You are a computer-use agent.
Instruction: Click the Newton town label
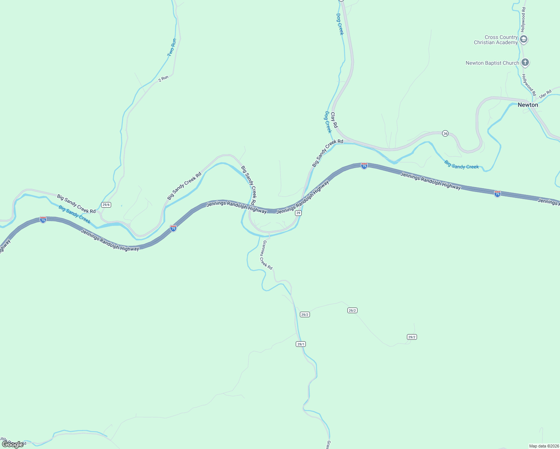point(527,105)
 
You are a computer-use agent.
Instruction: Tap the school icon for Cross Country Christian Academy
point(524,39)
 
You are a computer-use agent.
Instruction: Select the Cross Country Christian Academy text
point(496,40)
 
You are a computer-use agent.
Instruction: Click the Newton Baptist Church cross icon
point(525,62)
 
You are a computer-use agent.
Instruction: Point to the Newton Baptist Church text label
point(492,63)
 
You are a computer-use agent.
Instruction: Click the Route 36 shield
point(445,134)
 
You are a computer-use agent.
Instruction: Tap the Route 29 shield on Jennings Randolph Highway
point(298,213)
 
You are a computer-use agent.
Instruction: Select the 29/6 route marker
point(106,205)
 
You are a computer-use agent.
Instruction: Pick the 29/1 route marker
point(301,344)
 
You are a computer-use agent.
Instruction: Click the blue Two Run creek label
point(172,48)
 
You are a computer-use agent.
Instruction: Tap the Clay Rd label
point(334,120)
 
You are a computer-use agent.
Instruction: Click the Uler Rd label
point(545,94)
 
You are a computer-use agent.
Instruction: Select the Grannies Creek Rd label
point(267,255)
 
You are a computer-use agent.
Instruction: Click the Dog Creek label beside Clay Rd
point(328,122)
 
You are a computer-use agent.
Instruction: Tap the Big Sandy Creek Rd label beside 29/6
point(76,204)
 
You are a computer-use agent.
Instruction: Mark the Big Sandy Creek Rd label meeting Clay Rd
point(328,153)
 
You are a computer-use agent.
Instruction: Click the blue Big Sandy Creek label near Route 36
point(461,165)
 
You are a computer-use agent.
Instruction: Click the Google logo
point(13,444)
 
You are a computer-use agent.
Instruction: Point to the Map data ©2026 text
point(544,446)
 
